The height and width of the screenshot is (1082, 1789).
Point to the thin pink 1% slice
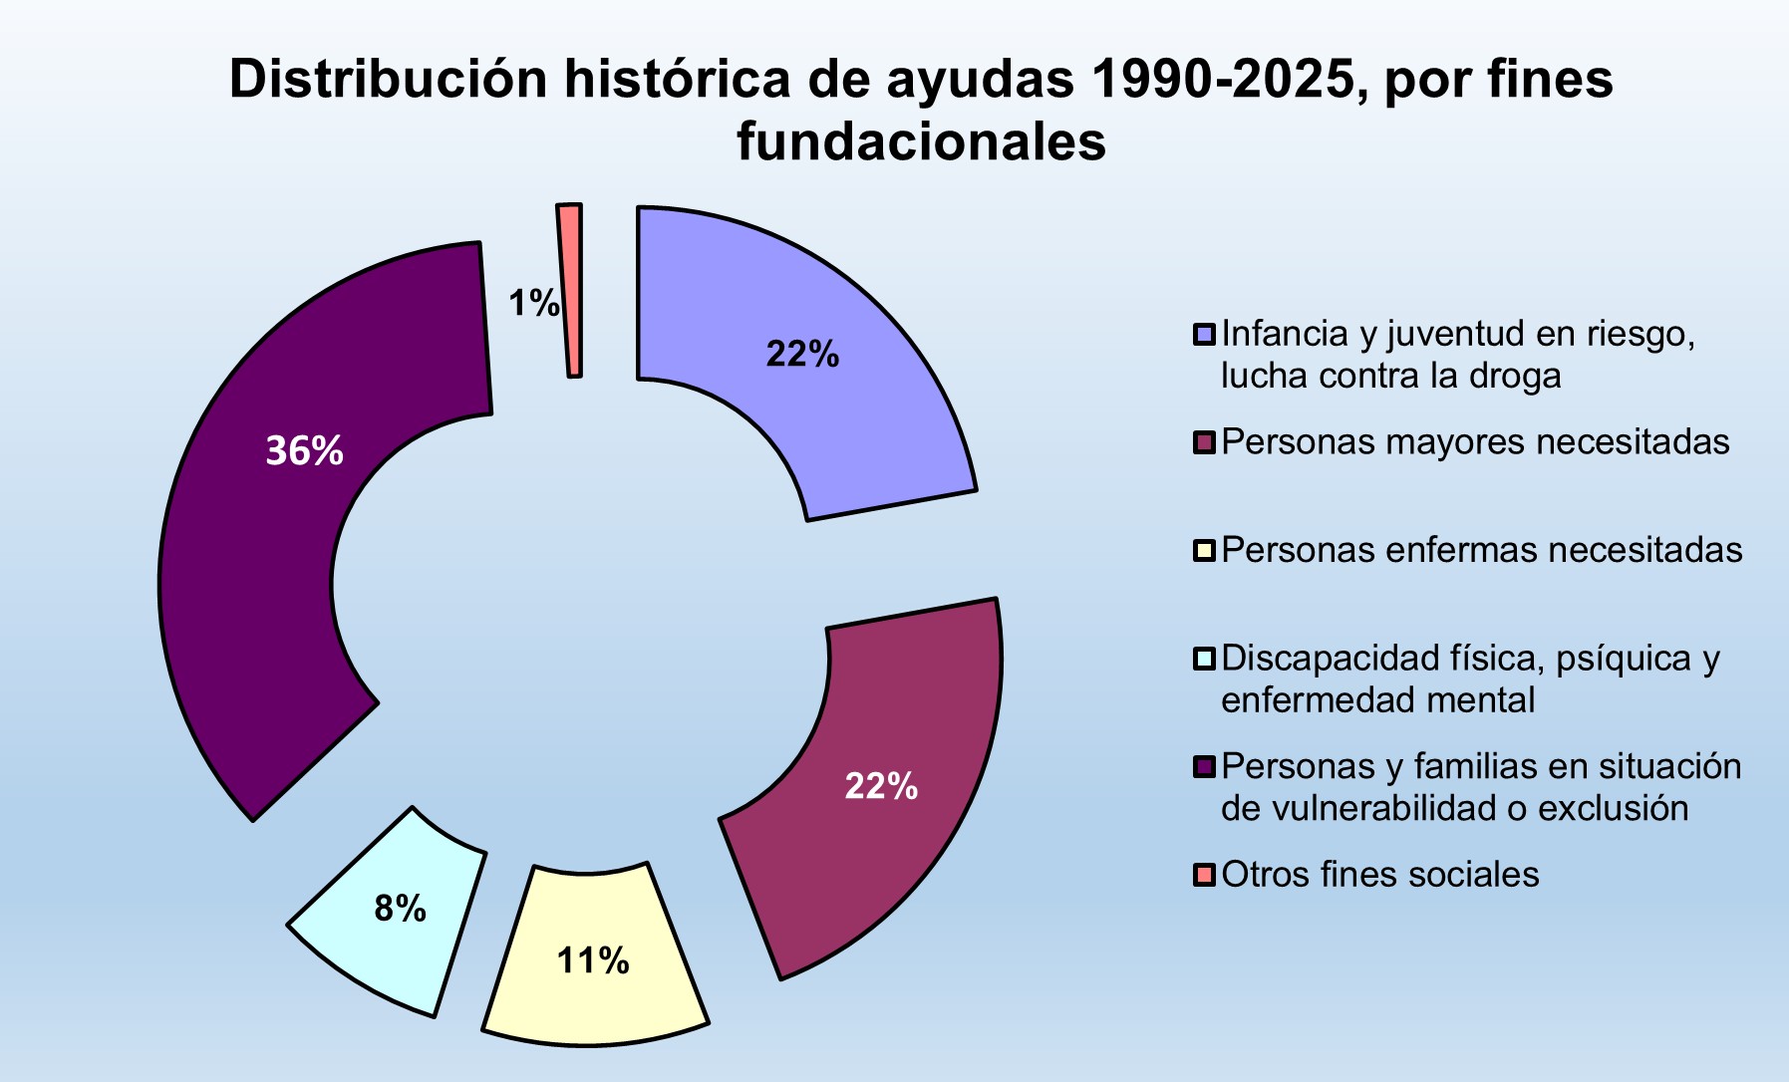(571, 289)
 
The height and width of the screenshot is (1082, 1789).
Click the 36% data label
(304, 451)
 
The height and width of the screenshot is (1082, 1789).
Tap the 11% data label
(593, 960)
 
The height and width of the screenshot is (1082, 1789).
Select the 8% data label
(400, 909)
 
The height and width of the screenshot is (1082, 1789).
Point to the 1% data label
(533, 303)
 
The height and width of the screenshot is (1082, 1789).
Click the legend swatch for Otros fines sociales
(1204, 876)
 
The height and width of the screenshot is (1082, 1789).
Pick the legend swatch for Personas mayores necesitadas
(1204, 442)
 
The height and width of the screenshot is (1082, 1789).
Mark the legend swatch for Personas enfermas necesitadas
(1204, 551)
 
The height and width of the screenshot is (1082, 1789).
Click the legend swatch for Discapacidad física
(1204, 660)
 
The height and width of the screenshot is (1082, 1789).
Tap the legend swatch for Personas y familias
(1204, 767)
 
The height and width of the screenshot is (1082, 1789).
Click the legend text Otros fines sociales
(1379, 875)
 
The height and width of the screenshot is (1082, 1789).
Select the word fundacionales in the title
(921, 141)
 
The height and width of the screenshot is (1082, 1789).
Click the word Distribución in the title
(390, 80)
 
